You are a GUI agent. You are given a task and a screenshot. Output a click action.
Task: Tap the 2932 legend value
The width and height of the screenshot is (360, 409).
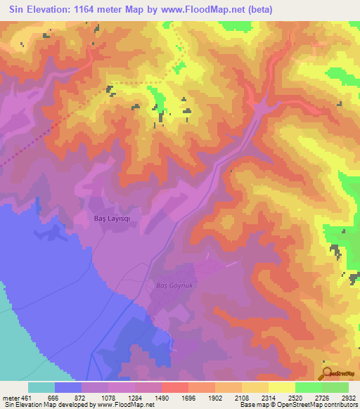tap(347, 396)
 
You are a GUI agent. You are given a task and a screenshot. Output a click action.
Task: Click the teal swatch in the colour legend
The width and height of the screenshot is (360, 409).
tap(41, 387)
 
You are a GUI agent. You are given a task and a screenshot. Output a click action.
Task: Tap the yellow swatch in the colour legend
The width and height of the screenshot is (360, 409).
tap(281, 387)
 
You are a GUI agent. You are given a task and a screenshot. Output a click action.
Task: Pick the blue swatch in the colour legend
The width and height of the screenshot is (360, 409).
tap(68, 387)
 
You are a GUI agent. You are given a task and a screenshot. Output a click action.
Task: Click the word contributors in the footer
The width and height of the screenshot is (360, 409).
tap(341, 405)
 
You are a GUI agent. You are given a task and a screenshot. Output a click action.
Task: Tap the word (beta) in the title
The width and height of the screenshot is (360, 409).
tap(258, 10)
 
